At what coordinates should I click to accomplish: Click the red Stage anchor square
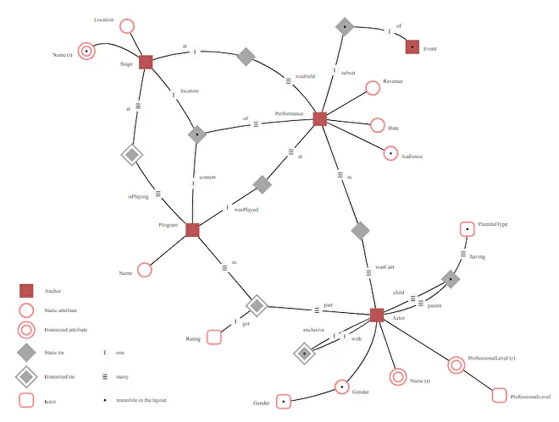click(x=146, y=61)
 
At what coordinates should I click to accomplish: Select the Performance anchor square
click(x=319, y=118)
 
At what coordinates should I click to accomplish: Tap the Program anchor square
click(x=192, y=229)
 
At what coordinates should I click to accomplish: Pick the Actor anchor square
click(x=377, y=315)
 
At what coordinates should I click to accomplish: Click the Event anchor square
click(x=412, y=47)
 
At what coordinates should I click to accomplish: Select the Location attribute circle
click(x=127, y=26)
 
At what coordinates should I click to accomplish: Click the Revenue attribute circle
click(x=371, y=88)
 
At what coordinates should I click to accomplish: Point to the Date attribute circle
click(x=378, y=126)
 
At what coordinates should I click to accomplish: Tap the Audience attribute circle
click(x=390, y=153)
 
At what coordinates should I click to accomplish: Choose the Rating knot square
click(x=213, y=337)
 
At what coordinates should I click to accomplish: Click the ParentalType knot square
click(x=467, y=229)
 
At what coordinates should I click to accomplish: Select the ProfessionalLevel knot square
click(x=500, y=395)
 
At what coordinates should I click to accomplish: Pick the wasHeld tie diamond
click(x=246, y=57)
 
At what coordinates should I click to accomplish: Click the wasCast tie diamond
click(x=361, y=229)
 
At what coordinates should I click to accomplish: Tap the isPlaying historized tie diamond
click(x=130, y=155)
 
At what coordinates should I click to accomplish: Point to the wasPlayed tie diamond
click(x=263, y=184)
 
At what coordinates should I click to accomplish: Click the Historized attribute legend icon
click(x=27, y=330)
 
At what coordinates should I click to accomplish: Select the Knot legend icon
click(x=27, y=399)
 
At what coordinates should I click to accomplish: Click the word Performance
click(x=289, y=112)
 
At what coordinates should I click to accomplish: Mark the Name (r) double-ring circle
click(x=397, y=377)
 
